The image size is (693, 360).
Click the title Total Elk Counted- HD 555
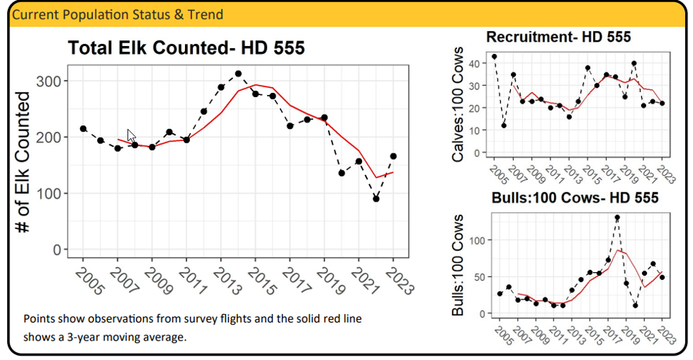click(x=186, y=48)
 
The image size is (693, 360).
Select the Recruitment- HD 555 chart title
click(x=558, y=37)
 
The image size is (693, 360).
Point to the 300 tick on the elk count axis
click(x=49, y=81)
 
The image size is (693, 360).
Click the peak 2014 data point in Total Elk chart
click(x=238, y=73)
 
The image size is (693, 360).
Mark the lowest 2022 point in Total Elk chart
click(x=376, y=199)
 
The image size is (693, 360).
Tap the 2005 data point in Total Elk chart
click(x=83, y=128)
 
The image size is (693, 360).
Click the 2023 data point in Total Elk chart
click(x=393, y=156)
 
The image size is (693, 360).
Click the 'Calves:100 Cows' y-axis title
click(x=458, y=108)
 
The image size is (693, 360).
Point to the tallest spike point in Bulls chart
click(x=617, y=217)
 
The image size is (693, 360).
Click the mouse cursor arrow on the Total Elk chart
click(x=131, y=135)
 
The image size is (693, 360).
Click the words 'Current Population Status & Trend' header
click(x=118, y=14)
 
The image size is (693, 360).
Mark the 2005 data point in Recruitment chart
click(x=494, y=56)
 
